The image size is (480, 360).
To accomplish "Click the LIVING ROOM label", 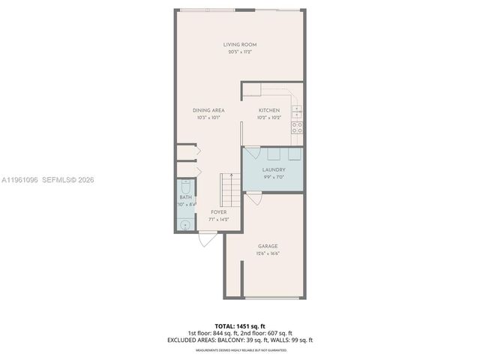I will [x=239, y=45].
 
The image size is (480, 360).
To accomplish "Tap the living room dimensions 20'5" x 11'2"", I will [x=239, y=52].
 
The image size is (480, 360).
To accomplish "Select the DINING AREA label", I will [x=208, y=110].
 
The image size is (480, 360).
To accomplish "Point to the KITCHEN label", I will [x=269, y=110].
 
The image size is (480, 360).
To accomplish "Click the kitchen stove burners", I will [x=298, y=128].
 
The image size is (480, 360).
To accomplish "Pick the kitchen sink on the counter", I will [x=297, y=110].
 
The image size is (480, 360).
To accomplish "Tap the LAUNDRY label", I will [x=273, y=169].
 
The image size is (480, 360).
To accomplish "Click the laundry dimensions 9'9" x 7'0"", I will [x=273, y=177].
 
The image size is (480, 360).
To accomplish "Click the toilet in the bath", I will [x=185, y=185].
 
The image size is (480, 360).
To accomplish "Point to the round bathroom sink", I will [x=185, y=223].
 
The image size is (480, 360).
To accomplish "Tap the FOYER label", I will [x=219, y=212].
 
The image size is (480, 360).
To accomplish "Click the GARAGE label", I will [x=268, y=246].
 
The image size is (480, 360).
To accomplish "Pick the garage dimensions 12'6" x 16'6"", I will [x=268, y=253].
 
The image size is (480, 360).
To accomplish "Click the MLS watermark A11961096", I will [x=20, y=180].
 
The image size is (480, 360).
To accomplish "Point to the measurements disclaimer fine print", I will [x=239, y=349].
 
